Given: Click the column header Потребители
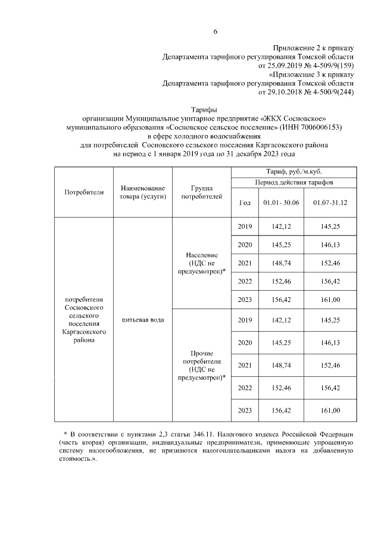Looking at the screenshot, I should click(84, 192).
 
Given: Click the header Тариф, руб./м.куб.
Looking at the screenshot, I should click(293, 171).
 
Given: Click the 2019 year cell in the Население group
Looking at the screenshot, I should click(245, 227).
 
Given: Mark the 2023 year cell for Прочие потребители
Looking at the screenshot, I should click(245, 410).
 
